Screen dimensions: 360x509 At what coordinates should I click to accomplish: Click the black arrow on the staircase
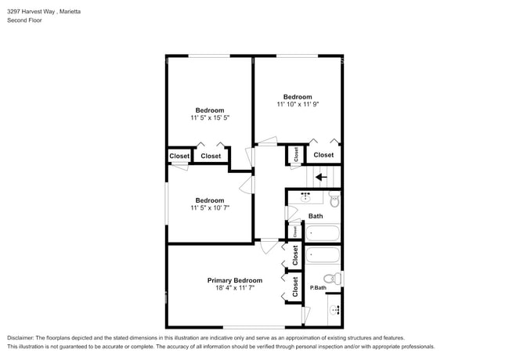click(320, 177)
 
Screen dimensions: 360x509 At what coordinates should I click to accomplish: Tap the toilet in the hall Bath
click(334, 201)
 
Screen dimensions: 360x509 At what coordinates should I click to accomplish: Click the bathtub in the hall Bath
click(322, 233)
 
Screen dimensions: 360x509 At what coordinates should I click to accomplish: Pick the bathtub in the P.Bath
click(323, 254)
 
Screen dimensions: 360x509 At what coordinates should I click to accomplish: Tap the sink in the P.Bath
click(335, 310)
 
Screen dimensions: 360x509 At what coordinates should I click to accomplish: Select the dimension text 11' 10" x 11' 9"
click(298, 104)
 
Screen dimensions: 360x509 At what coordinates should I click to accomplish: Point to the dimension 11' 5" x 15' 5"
click(210, 117)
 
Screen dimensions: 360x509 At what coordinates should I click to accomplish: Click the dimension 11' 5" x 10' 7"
click(210, 208)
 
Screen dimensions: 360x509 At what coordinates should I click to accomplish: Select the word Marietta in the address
click(73, 12)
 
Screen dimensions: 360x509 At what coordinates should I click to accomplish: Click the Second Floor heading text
click(24, 20)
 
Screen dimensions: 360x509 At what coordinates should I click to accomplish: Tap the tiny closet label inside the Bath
click(294, 232)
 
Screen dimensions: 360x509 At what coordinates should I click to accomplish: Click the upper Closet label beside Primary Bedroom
click(295, 255)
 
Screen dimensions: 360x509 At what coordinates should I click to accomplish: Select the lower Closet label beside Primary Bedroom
click(295, 289)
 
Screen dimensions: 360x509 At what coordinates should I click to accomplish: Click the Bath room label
click(316, 216)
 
